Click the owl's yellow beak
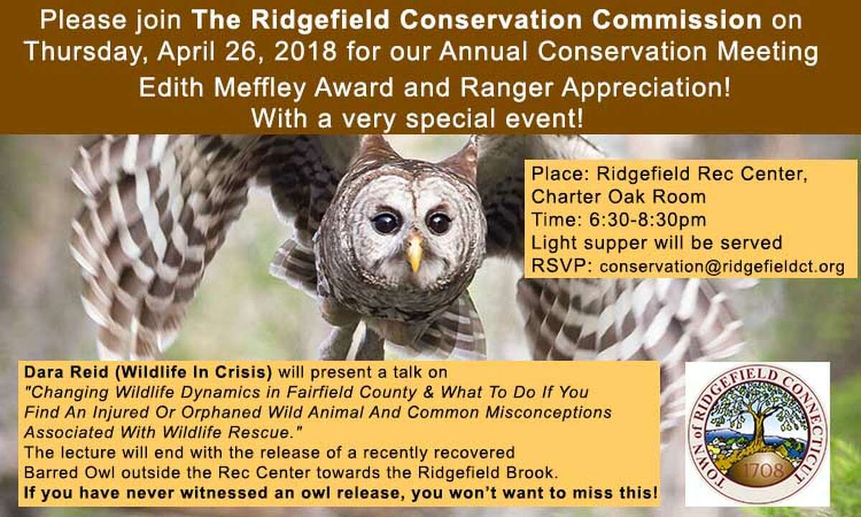click(414, 253)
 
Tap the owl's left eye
click(385, 223)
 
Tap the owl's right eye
click(439, 223)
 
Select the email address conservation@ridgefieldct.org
click(722, 266)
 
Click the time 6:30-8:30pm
click(648, 220)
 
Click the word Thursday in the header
click(82, 52)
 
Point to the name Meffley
click(260, 88)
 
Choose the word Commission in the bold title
click(677, 20)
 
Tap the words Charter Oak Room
click(618, 197)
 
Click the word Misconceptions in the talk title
click(548, 412)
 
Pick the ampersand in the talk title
click(428, 392)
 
